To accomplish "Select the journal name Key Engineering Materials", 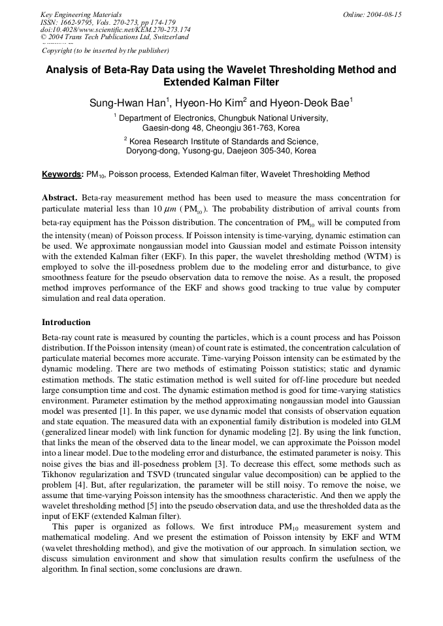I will (x=80, y=14).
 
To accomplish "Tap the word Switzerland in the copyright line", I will (x=169, y=37).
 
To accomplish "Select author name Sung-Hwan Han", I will (x=128, y=103).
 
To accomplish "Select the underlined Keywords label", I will (x=62, y=174).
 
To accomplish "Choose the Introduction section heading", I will (x=66, y=322).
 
